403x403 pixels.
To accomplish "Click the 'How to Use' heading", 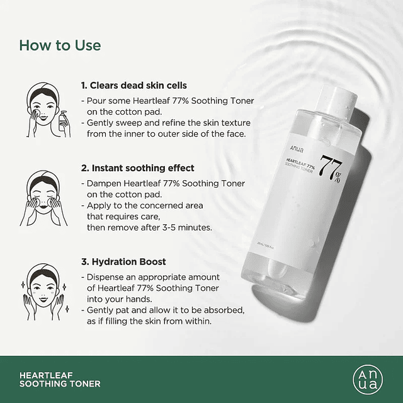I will tap(60, 45).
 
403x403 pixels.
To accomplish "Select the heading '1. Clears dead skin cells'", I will tap(133, 85).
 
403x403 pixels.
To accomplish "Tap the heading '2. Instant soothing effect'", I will tap(137, 168).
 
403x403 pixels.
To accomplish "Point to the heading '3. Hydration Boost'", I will tap(123, 261).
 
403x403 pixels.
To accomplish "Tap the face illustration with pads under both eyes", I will tap(41, 192).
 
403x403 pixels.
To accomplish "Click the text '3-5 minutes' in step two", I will tap(203, 227).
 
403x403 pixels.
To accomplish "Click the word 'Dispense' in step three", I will tap(106, 277).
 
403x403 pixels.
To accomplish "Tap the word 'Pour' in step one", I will tap(96, 100).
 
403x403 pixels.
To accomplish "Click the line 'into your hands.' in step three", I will tap(118, 299).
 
